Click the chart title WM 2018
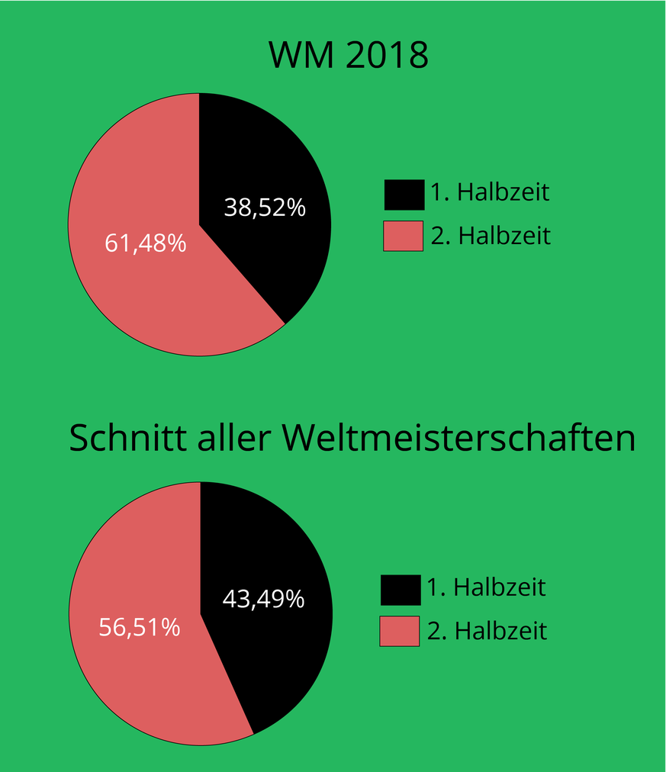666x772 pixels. coord(349,56)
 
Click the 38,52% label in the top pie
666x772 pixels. coord(265,207)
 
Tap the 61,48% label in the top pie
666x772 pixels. coord(145,243)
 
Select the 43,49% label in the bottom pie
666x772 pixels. coord(263,599)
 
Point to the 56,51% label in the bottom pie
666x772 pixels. coord(140,627)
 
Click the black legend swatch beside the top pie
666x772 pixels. coord(404,195)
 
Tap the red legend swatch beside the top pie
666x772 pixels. coord(403,236)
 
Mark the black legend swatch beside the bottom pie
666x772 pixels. coord(400,590)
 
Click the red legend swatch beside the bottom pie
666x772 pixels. coord(400,631)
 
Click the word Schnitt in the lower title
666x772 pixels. coord(119,439)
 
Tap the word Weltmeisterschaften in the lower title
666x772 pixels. coord(458,439)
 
